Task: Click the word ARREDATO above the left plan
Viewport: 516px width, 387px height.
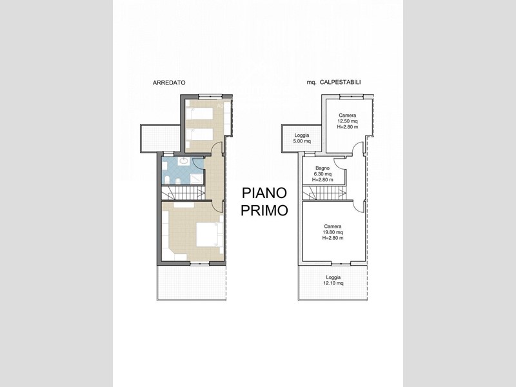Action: pyautogui.click(x=169, y=83)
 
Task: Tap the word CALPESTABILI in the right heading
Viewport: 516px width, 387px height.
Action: pyautogui.click(x=341, y=83)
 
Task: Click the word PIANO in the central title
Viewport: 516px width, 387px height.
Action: pyautogui.click(x=264, y=193)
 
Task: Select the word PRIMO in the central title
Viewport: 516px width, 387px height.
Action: pyautogui.click(x=264, y=210)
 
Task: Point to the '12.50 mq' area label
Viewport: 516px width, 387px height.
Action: pyautogui.click(x=348, y=121)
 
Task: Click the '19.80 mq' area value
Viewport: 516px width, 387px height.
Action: pyautogui.click(x=333, y=232)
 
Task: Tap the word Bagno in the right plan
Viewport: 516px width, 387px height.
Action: pyautogui.click(x=322, y=168)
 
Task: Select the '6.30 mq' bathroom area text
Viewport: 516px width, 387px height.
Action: pyautogui.click(x=322, y=174)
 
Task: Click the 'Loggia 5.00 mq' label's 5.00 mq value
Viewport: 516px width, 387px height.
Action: pyautogui.click(x=302, y=141)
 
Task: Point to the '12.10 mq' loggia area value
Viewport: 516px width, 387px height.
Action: pyautogui.click(x=333, y=283)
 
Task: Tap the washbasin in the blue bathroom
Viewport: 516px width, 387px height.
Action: pyautogui.click(x=183, y=161)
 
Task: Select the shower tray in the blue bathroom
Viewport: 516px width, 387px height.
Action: pyautogui.click(x=197, y=179)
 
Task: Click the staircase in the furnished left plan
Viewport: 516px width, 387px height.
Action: pyautogui.click(x=183, y=193)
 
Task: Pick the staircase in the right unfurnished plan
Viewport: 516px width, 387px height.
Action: pyautogui.click(x=324, y=193)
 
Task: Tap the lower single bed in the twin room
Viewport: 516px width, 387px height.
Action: pyautogui.click(x=199, y=135)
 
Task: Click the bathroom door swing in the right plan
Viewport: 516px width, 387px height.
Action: pyautogui.click(x=340, y=163)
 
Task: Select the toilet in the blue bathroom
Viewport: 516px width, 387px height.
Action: pyautogui.click(x=167, y=180)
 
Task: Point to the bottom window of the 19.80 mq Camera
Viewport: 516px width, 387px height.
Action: pyautogui.click(x=341, y=264)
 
